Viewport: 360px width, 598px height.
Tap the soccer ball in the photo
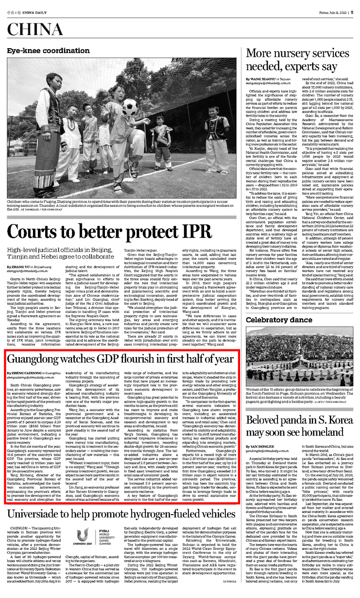coord(129,107)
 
